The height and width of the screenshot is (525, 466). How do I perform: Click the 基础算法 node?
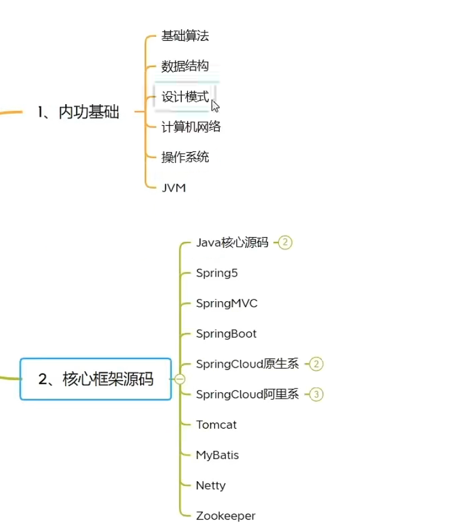(x=185, y=36)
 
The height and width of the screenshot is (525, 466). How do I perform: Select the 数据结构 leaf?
(x=185, y=66)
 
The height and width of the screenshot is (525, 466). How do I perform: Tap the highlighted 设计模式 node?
(x=185, y=96)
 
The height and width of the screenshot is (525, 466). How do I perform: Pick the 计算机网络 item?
(x=191, y=127)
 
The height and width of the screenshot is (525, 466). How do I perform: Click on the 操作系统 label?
(x=185, y=157)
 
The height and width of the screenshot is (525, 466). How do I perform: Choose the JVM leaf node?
(x=173, y=188)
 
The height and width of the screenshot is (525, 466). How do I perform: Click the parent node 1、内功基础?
(x=78, y=112)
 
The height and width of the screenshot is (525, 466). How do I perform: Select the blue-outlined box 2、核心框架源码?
(x=96, y=379)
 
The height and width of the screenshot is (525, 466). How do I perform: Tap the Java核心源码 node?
(x=232, y=242)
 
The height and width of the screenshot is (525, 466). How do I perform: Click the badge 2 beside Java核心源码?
(x=285, y=242)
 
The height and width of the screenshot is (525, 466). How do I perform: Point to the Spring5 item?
(x=217, y=273)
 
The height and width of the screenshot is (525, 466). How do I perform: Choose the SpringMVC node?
(x=227, y=304)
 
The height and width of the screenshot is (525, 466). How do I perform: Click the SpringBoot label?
(x=226, y=334)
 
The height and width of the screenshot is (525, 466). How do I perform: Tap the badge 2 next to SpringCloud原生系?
(x=316, y=364)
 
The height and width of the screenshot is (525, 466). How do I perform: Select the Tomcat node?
(x=216, y=425)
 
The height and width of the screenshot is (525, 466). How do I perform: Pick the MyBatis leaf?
(x=217, y=456)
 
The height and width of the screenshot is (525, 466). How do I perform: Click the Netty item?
(x=211, y=485)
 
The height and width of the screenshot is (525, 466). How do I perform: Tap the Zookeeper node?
(x=226, y=516)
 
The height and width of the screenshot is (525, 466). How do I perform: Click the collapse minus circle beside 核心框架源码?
(x=180, y=379)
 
